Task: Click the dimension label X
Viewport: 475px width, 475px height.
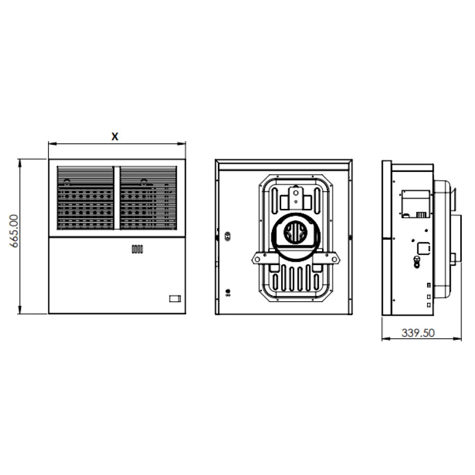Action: tap(115, 136)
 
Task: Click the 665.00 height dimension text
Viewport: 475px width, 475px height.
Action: tap(14, 231)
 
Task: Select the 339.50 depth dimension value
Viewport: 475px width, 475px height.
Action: tap(418, 333)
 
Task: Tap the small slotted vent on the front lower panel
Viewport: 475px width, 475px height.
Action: tap(137, 249)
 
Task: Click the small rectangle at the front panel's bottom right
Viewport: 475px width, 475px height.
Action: tap(175, 299)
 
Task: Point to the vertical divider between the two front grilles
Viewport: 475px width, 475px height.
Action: tap(117, 198)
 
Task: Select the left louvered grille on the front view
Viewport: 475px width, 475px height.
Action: tap(85, 198)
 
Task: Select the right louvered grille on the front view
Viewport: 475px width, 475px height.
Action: tap(148, 198)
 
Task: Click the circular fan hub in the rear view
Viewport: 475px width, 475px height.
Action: tap(295, 232)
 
